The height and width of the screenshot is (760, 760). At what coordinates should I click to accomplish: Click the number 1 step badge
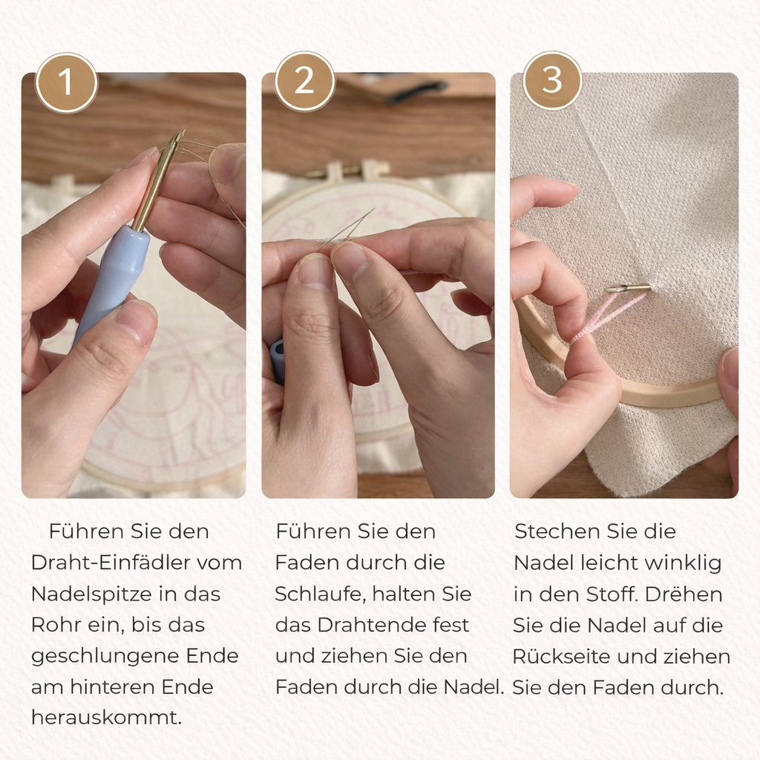67,82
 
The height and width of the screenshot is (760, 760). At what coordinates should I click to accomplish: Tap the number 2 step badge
304,81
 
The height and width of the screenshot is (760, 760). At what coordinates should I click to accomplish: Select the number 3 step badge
552,80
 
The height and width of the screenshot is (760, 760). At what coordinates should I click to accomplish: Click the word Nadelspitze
90,594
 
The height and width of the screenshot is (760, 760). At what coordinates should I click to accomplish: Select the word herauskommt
107,718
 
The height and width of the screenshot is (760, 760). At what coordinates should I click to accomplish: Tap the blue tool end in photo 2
278,361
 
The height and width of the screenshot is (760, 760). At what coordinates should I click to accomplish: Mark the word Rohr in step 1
55,625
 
